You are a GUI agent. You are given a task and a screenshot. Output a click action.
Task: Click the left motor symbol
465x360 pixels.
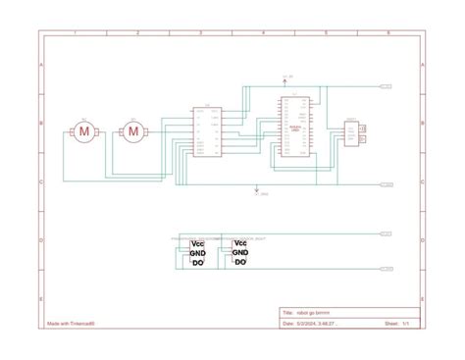pyautogui.click(x=84, y=130)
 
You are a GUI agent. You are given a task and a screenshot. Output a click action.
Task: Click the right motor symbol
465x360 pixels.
pyautogui.click(x=132, y=130)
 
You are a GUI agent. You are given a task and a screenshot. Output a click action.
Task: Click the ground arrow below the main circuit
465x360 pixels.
pyautogui.click(x=257, y=190)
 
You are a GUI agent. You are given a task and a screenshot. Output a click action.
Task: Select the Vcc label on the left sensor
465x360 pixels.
pyautogui.click(x=197, y=243)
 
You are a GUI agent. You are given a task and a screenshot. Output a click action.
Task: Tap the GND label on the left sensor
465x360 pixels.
pyautogui.click(x=197, y=252)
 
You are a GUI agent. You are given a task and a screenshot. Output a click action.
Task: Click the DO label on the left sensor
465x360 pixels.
pyautogui.click(x=197, y=262)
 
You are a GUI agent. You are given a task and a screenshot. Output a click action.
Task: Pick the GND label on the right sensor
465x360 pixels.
pyautogui.click(x=240, y=252)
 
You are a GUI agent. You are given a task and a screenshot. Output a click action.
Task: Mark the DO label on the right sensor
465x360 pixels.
pyautogui.click(x=240, y=262)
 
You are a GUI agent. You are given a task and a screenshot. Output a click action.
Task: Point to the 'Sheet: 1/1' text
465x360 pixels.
pyautogui.click(x=396, y=323)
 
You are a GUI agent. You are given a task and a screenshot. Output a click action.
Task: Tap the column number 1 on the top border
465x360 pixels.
pyautogui.click(x=74, y=33)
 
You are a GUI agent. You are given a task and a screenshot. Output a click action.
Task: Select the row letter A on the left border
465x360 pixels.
pyautogui.click(x=40, y=65)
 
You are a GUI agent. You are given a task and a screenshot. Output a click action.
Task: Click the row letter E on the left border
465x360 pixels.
pyautogui.click(x=40, y=298)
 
